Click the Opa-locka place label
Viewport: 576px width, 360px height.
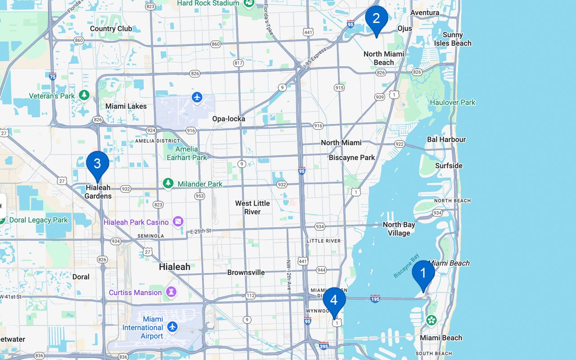[x=229, y=119]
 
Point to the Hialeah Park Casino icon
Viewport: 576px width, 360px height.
[x=179, y=221]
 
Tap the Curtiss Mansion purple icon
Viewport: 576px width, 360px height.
[x=171, y=292]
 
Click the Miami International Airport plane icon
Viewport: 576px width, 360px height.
[x=172, y=326]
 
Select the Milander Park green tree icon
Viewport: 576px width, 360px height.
[x=168, y=183]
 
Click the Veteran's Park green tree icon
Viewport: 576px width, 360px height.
[x=84, y=95]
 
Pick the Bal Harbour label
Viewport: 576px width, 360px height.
[x=446, y=139]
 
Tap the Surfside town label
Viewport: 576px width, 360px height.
[x=449, y=166]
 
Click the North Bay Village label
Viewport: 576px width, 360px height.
[x=399, y=229]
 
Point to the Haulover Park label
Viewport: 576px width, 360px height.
[x=453, y=102]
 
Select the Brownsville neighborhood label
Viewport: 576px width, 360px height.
[x=246, y=272]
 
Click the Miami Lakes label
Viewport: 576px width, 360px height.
[x=126, y=106]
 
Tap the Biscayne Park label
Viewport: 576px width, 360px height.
[x=352, y=157]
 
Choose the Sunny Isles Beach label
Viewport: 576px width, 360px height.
[x=453, y=39]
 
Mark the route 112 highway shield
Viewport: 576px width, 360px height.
[x=251, y=296]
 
